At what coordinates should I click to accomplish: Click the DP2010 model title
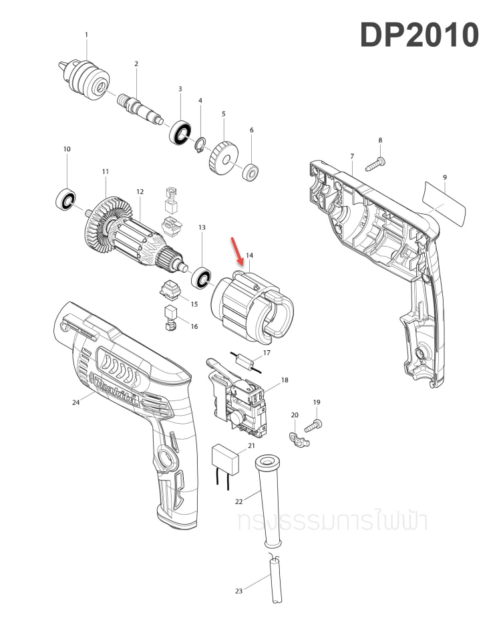coord(420,35)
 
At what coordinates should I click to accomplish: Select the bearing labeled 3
coord(180,131)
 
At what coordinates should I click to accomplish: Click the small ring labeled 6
coord(251,172)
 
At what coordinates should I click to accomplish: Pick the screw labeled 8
coord(375,161)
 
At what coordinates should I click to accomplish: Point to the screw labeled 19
coord(314,424)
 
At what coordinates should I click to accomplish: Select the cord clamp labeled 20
coord(297,439)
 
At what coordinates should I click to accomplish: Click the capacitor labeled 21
coord(225,459)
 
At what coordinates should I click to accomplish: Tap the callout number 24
coord(75,402)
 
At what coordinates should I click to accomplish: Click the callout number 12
coord(140,192)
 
